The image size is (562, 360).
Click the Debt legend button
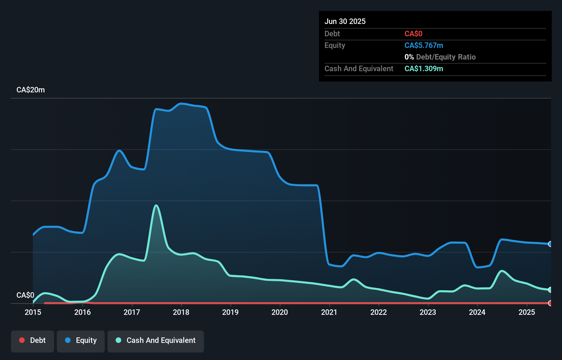33,341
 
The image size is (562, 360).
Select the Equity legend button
81,341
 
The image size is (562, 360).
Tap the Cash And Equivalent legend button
156,341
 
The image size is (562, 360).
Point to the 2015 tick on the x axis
33,312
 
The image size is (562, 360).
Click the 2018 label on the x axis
181,312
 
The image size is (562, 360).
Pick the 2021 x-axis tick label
329,312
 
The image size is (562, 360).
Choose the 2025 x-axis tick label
527,312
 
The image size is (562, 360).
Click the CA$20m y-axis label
30,90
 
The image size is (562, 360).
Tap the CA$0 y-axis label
25,295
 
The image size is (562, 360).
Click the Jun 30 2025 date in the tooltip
345,21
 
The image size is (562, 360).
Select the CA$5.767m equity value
424,45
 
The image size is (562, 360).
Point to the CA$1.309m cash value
424,68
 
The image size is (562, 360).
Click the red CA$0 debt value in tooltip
413,34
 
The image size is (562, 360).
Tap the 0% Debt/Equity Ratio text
440,57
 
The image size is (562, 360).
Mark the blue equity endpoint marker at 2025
550,244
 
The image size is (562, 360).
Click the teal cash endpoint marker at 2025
550,290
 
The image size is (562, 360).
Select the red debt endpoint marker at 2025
550,303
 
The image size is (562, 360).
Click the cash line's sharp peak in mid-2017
156,205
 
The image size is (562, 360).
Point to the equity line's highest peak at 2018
181,103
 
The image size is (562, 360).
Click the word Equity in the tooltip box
335,45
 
